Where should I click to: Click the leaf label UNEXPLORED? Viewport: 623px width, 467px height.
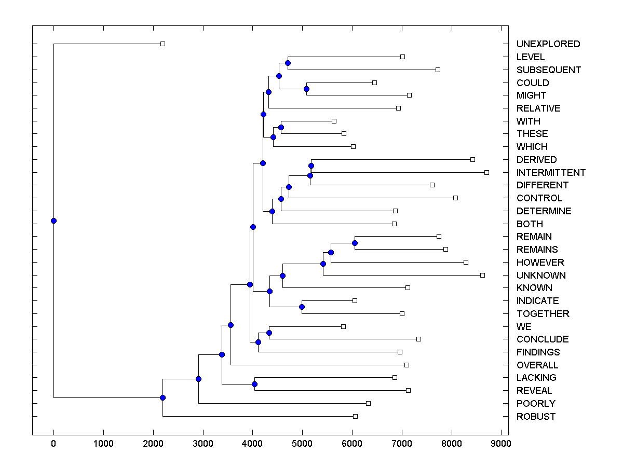pyautogui.click(x=548, y=44)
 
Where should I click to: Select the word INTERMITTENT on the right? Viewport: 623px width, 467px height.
pyautogui.click(x=551, y=172)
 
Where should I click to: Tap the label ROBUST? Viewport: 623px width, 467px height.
pyautogui.click(x=536, y=416)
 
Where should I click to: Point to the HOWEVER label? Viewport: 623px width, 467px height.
pyautogui.click(x=540, y=262)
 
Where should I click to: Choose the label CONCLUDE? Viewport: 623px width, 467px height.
pyautogui.click(x=543, y=339)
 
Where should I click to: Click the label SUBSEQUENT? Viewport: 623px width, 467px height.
pyautogui.click(x=548, y=70)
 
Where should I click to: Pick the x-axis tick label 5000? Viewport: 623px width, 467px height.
pyautogui.click(x=302, y=444)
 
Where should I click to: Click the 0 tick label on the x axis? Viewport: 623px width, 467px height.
pyautogui.click(x=53, y=444)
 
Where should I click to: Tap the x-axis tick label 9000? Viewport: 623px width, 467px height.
pyautogui.click(x=501, y=444)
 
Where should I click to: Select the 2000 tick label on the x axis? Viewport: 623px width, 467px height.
pyautogui.click(x=153, y=444)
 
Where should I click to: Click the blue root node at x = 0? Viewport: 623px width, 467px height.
pyautogui.click(x=53, y=221)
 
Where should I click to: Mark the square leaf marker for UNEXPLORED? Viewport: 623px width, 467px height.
pyautogui.click(x=162, y=44)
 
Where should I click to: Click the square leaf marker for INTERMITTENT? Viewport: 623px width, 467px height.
pyautogui.click(x=486, y=172)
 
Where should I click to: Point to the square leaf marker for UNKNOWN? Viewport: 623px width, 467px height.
pyautogui.click(x=482, y=275)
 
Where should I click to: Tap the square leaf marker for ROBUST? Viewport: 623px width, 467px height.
pyautogui.click(x=355, y=416)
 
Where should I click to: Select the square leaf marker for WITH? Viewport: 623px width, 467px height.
pyautogui.click(x=334, y=121)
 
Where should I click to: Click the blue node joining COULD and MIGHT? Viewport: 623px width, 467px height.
pyautogui.click(x=306, y=89)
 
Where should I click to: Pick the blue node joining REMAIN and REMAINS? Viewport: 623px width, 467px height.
pyautogui.click(x=355, y=243)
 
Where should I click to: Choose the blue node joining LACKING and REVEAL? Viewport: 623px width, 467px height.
pyautogui.click(x=254, y=384)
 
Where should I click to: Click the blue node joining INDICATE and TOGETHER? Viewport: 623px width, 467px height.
pyautogui.click(x=302, y=307)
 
